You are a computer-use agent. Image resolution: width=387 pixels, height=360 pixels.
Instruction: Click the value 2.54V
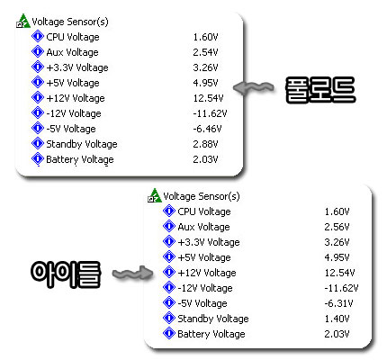point(205,52)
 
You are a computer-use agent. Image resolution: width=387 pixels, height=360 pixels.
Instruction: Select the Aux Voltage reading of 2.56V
point(337,227)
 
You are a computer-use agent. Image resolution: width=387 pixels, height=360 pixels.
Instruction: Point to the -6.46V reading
point(207,129)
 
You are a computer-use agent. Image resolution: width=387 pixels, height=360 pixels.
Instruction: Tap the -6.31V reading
point(338,303)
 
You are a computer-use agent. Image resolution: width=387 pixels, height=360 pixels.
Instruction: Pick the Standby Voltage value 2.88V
point(205,144)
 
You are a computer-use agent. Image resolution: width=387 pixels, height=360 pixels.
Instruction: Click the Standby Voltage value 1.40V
point(337,319)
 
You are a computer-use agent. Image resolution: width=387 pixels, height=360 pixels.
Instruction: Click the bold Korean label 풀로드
point(320,90)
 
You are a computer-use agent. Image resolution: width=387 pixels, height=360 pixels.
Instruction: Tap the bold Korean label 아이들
point(66,274)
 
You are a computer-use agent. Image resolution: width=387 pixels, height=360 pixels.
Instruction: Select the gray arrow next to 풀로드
point(254,88)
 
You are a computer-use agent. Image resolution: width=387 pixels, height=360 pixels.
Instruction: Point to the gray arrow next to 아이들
point(132,273)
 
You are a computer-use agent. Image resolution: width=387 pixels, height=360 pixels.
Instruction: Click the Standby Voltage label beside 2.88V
point(82,144)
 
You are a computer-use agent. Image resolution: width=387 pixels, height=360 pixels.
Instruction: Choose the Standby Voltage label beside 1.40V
point(213,319)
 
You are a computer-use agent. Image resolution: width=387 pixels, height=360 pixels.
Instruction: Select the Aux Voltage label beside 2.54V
point(72,52)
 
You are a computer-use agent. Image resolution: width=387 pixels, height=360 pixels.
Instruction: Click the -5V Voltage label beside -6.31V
point(202,303)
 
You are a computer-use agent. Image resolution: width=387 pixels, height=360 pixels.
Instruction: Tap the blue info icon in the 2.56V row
point(169,226)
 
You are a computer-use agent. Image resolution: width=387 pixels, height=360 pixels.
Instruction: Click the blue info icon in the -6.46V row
point(38,128)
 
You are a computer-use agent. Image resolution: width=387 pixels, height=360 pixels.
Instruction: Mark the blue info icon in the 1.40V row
point(169,318)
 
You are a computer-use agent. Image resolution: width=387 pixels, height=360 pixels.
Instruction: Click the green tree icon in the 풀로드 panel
point(23,21)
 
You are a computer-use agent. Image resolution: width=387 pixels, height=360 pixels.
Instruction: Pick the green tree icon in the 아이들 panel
point(155,195)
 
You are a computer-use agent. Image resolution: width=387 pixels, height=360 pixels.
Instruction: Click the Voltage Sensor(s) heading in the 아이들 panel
point(202,196)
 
